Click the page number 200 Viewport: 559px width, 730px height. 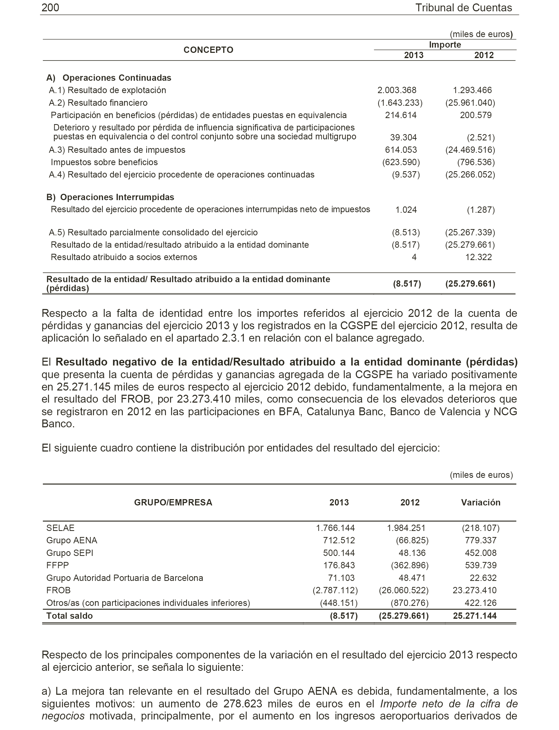pyautogui.click(x=50, y=8)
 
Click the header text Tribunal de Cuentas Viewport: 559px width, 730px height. pyautogui.click(x=464, y=8)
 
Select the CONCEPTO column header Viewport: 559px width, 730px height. pyautogui.click(x=208, y=50)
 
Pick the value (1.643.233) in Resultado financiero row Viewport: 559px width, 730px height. pyautogui.click(x=400, y=103)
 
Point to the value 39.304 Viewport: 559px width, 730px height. pyautogui.click(x=403, y=138)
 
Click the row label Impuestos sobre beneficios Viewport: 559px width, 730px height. pyautogui.click(x=104, y=162)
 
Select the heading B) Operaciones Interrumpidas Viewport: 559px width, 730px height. pyautogui.click(x=110, y=197)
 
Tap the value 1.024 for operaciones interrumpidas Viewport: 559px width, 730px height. pyautogui.click(x=406, y=210)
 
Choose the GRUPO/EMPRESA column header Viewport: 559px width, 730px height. pyautogui.click(x=173, y=503)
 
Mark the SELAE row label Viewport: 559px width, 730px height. pyautogui.click(x=60, y=528)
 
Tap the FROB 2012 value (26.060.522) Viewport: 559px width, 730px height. pyautogui.click(x=404, y=590)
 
